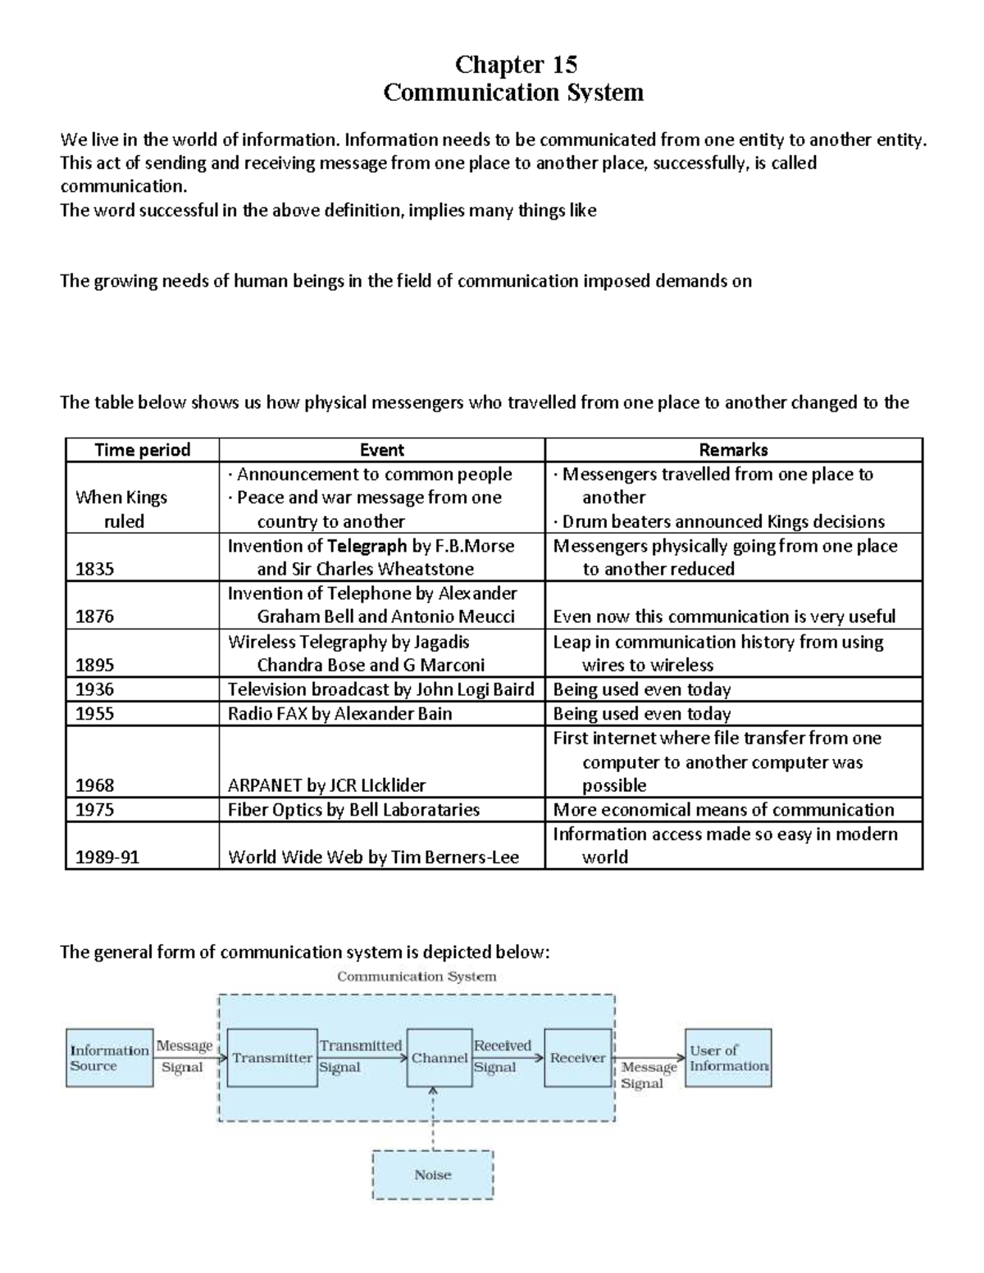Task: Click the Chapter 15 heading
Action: pyautogui.click(x=516, y=64)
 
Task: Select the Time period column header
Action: pyautogui.click(x=142, y=449)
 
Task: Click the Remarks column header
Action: pyautogui.click(x=733, y=449)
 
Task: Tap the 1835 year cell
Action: pyautogui.click(x=95, y=569)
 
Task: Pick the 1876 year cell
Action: pyautogui.click(x=95, y=616)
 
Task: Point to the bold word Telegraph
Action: pyautogui.click(x=367, y=546)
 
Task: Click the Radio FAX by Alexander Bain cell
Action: pyautogui.click(x=340, y=713)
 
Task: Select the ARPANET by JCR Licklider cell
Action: pyautogui.click(x=327, y=785)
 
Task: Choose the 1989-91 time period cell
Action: pyautogui.click(x=108, y=857)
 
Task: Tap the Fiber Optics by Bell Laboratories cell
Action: pyautogui.click(x=354, y=810)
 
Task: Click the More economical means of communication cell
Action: pyautogui.click(x=723, y=810)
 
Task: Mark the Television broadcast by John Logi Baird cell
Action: pyautogui.click(x=380, y=689)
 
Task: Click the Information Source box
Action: pyautogui.click(x=109, y=1058)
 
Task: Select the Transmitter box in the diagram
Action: pyautogui.click(x=272, y=1058)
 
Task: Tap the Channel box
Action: pyautogui.click(x=440, y=1058)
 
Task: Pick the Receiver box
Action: pyautogui.click(x=578, y=1058)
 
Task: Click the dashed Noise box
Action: pyautogui.click(x=433, y=1175)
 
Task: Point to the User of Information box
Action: pyautogui.click(x=728, y=1058)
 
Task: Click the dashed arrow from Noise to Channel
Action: pyautogui.click(x=433, y=1118)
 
